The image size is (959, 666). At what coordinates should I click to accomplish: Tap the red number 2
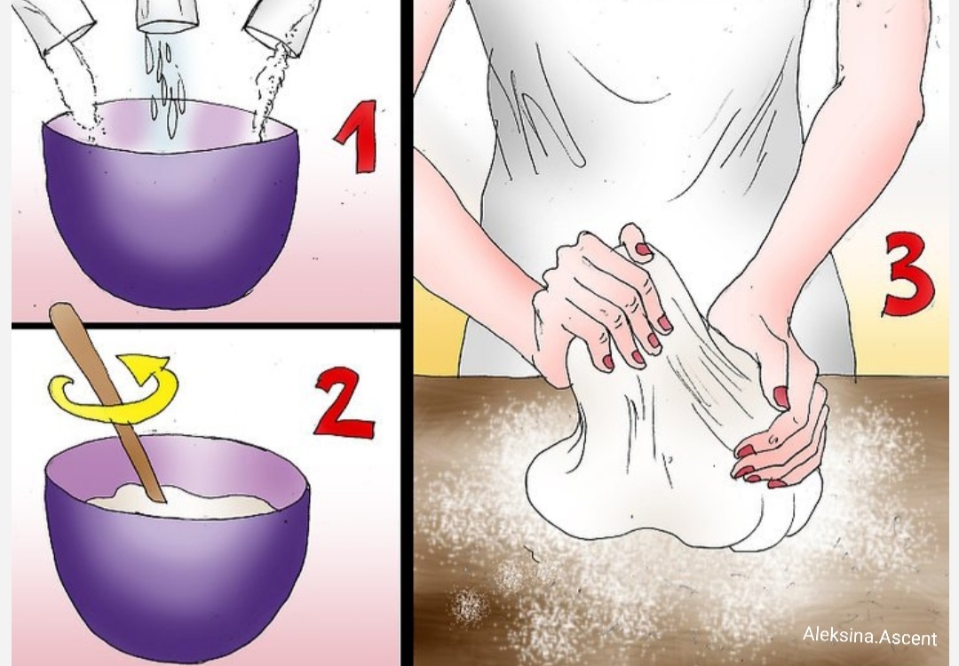click(x=344, y=400)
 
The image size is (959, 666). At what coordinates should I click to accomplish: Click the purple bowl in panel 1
click(x=171, y=205)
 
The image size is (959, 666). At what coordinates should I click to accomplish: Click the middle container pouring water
click(x=167, y=15)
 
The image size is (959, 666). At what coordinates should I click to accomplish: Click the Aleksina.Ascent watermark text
click(x=869, y=636)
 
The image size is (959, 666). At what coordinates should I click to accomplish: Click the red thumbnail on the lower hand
click(x=781, y=396)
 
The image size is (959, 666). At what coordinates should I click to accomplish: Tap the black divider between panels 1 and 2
click(x=205, y=325)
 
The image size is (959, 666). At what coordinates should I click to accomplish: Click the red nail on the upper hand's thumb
click(x=643, y=249)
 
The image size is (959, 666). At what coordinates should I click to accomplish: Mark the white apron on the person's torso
click(x=648, y=123)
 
